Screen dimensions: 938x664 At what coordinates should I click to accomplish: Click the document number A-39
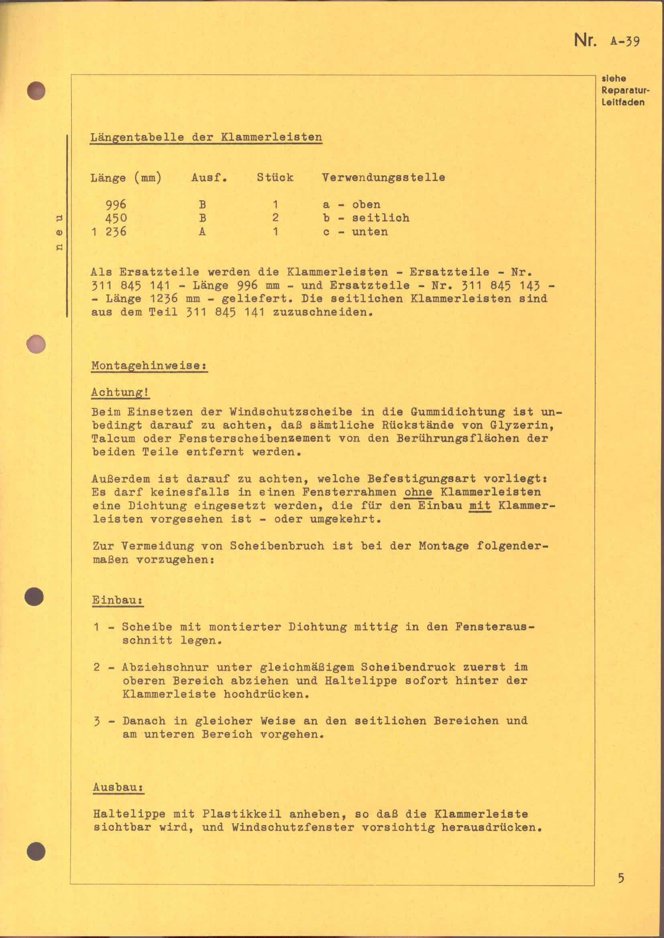click(625, 41)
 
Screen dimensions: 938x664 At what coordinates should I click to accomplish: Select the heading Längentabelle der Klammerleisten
click(206, 137)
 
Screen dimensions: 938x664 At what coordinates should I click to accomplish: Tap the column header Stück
click(275, 177)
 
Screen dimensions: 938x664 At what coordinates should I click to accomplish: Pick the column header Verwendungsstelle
click(383, 177)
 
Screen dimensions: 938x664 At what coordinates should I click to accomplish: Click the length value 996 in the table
click(116, 204)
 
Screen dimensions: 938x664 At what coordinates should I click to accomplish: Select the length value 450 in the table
click(116, 218)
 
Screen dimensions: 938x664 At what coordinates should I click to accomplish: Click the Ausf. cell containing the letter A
click(202, 232)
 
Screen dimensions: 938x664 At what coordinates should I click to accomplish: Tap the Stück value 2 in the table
click(275, 218)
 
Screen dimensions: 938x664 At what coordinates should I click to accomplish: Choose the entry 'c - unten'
click(355, 232)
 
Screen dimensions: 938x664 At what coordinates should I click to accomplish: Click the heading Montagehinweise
click(149, 365)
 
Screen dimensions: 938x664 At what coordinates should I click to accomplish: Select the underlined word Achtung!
click(120, 392)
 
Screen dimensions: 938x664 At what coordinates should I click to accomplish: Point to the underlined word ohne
click(418, 492)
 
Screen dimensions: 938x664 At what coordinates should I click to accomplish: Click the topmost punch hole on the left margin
click(36, 91)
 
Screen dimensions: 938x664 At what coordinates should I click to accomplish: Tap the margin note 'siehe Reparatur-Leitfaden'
click(623, 90)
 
